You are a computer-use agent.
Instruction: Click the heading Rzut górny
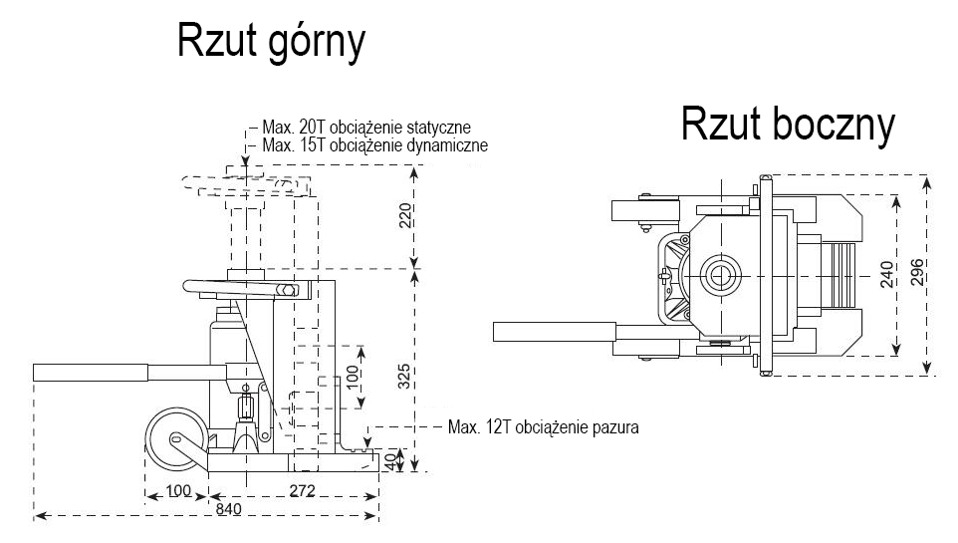click(x=271, y=42)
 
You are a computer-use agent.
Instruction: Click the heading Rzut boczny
click(x=788, y=126)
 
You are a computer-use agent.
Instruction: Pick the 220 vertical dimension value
click(x=404, y=216)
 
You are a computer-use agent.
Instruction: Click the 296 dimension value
click(x=917, y=273)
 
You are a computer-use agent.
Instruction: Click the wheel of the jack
click(x=174, y=442)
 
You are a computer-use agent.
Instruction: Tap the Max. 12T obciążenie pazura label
click(x=543, y=427)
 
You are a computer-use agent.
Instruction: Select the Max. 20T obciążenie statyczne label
click(x=365, y=129)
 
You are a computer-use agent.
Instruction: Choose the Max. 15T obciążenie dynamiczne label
click(x=373, y=145)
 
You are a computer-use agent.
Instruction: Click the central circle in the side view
click(x=719, y=275)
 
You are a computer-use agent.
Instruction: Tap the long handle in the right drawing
click(x=554, y=331)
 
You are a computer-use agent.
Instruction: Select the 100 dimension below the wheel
click(x=178, y=491)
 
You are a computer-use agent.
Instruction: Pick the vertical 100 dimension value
click(x=351, y=377)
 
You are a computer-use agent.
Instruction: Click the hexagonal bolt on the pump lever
click(x=288, y=291)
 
